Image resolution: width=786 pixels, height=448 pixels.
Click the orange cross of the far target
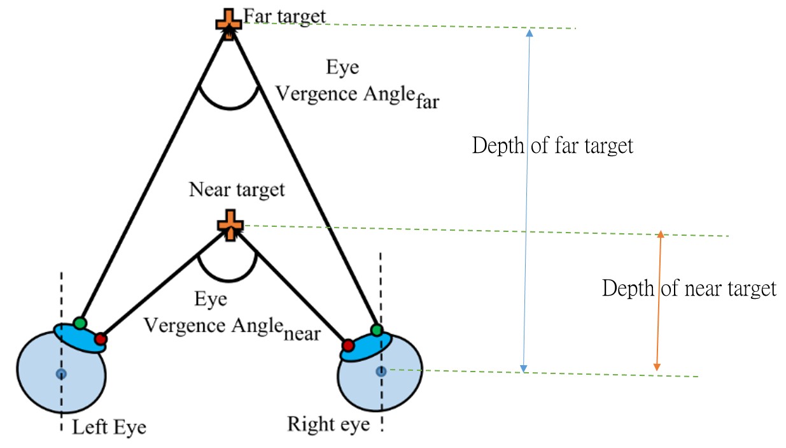pyautogui.click(x=228, y=21)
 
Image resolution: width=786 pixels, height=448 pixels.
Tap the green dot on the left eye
pyautogui.click(x=80, y=322)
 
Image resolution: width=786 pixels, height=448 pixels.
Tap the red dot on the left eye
pyautogui.click(x=101, y=339)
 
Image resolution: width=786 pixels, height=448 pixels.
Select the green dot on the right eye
pyautogui.click(x=377, y=330)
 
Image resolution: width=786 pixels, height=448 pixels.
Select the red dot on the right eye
pyautogui.click(x=347, y=346)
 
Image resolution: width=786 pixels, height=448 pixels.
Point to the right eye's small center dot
pyautogui.click(x=381, y=371)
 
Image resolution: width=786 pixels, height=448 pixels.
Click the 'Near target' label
pyautogui.click(x=237, y=190)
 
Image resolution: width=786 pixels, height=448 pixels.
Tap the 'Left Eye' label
pyautogui.click(x=109, y=426)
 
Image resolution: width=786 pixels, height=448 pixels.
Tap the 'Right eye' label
pyautogui.click(x=328, y=424)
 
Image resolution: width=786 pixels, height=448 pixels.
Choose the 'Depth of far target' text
pyautogui.click(x=552, y=146)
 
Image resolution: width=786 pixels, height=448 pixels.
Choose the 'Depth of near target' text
pyautogui.click(x=689, y=289)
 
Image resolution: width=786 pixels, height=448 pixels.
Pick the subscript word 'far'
pyautogui.click(x=426, y=101)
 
